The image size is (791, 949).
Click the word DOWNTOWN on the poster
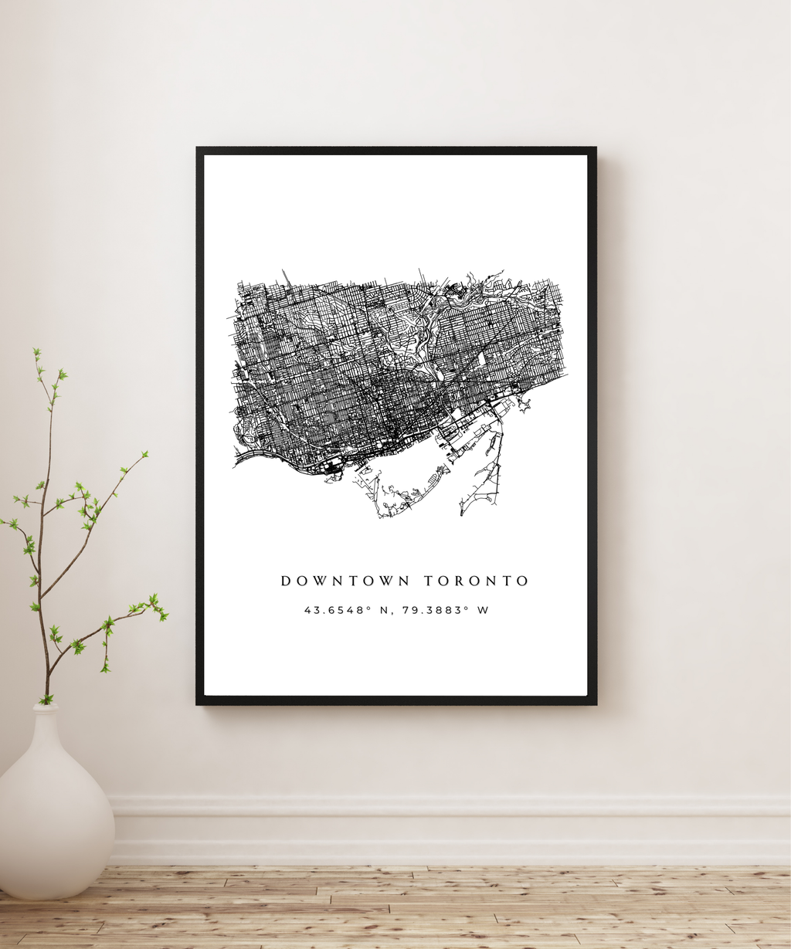(x=345, y=581)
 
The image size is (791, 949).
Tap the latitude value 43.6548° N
(x=338, y=610)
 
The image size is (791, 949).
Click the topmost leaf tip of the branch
(x=36, y=352)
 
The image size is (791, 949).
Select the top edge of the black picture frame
(x=395, y=151)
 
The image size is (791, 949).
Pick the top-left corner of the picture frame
(x=199, y=149)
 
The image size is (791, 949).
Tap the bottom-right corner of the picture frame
(x=594, y=702)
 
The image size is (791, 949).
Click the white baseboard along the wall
(x=448, y=830)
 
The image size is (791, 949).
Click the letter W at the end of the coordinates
(x=483, y=610)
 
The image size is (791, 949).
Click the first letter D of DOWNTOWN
(x=285, y=581)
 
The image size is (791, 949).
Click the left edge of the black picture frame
(x=200, y=425)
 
